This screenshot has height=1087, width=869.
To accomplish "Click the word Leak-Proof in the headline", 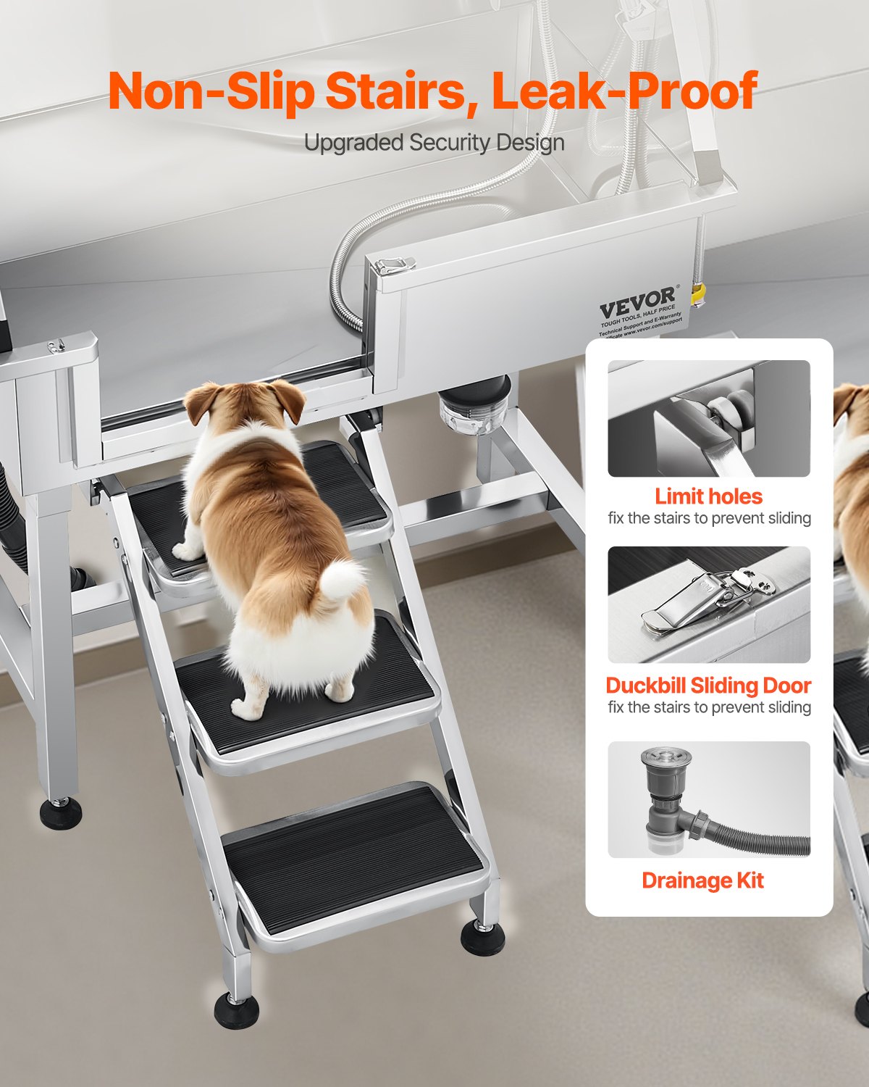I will [624, 92].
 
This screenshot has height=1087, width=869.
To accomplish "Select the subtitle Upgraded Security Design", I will [434, 143].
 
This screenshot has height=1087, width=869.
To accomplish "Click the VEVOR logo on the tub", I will [637, 300].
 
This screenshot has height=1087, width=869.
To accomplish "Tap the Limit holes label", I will [708, 496].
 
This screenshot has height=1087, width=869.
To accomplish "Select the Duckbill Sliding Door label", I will [708, 686].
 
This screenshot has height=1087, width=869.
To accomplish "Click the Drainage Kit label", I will [702, 880].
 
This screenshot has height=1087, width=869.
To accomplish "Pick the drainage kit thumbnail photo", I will [708, 799].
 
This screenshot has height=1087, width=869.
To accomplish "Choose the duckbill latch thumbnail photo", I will [708, 604].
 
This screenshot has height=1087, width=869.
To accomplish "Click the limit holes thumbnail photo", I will [708, 418].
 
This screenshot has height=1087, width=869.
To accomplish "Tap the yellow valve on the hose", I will [698, 294].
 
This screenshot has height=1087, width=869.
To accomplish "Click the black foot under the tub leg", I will [61, 813].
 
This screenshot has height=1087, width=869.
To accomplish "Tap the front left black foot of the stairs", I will [236, 1010].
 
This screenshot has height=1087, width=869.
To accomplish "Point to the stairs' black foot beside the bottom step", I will [483, 938].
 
